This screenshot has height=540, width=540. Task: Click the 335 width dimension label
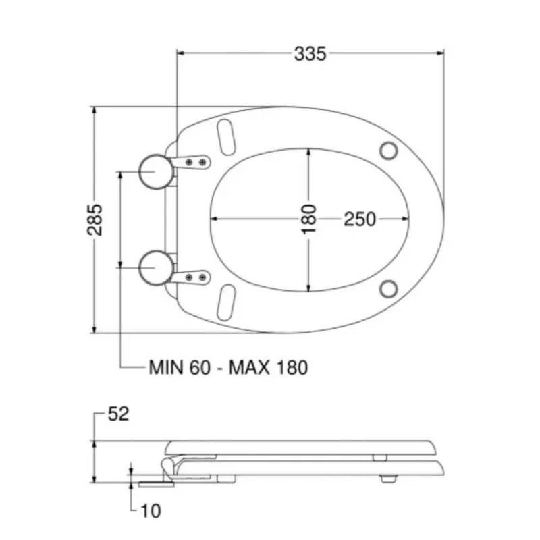point(310,54)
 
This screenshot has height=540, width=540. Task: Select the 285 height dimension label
point(94,220)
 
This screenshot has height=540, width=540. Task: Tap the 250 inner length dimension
point(360,219)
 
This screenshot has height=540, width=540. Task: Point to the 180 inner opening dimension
point(308,219)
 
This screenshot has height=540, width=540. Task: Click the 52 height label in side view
point(118,414)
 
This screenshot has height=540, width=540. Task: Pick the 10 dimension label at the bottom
point(151,511)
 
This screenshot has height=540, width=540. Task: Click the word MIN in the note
point(165,367)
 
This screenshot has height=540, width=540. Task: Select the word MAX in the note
point(249,367)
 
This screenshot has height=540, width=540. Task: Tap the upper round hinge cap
point(156,172)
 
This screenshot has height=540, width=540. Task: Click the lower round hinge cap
point(156,268)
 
